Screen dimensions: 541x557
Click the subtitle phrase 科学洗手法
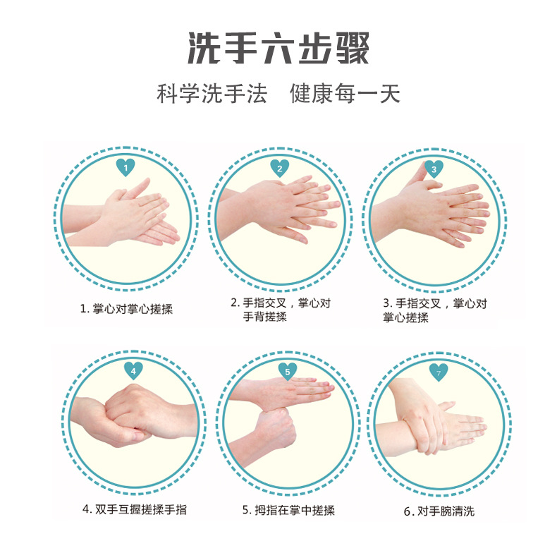[x=212, y=94]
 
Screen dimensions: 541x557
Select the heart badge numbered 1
[x=126, y=168]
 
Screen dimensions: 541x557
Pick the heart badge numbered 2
[x=280, y=168]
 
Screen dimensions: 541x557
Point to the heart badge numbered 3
[x=434, y=169]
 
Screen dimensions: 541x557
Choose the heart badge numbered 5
[x=287, y=370]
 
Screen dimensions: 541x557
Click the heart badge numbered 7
[x=439, y=371]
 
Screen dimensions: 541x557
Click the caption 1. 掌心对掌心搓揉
[x=126, y=309]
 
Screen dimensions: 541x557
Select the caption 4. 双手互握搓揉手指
[x=135, y=509]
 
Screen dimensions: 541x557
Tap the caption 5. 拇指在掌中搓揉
[x=288, y=510]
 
